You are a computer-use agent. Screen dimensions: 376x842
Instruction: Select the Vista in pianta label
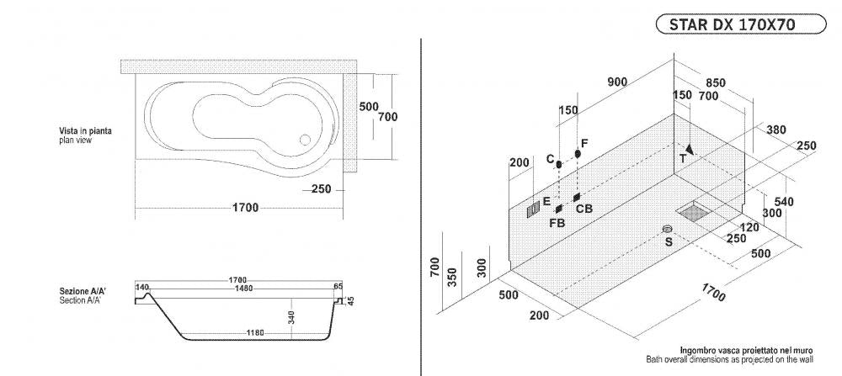tap(85, 131)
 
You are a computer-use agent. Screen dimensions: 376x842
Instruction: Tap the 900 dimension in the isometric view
tap(617, 82)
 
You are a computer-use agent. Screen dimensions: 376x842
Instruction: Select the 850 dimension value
tap(715, 83)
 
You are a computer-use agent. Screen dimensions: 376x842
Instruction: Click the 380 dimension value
tap(775, 130)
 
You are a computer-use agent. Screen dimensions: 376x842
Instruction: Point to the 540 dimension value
tap(782, 202)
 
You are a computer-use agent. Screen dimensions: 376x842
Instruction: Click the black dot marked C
tap(558, 163)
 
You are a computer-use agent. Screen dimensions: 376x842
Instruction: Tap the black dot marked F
tap(578, 153)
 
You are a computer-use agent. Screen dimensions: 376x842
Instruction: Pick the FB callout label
tap(557, 223)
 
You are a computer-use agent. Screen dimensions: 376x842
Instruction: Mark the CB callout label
tap(584, 208)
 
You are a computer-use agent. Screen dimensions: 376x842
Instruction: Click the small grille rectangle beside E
tap(533, 210)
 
